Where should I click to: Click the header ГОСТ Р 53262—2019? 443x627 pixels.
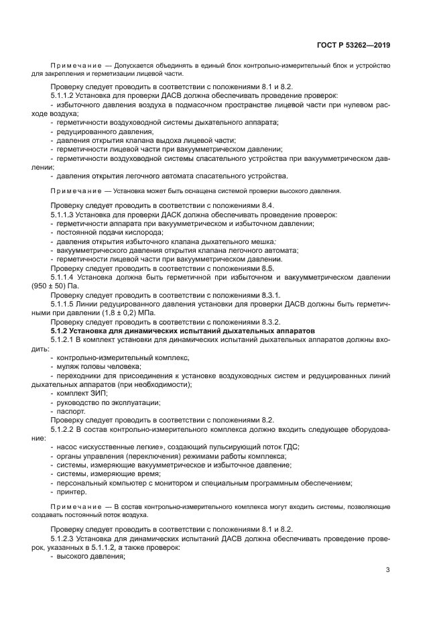355,46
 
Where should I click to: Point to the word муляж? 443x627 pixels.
68,366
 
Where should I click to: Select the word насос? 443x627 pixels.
68,447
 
